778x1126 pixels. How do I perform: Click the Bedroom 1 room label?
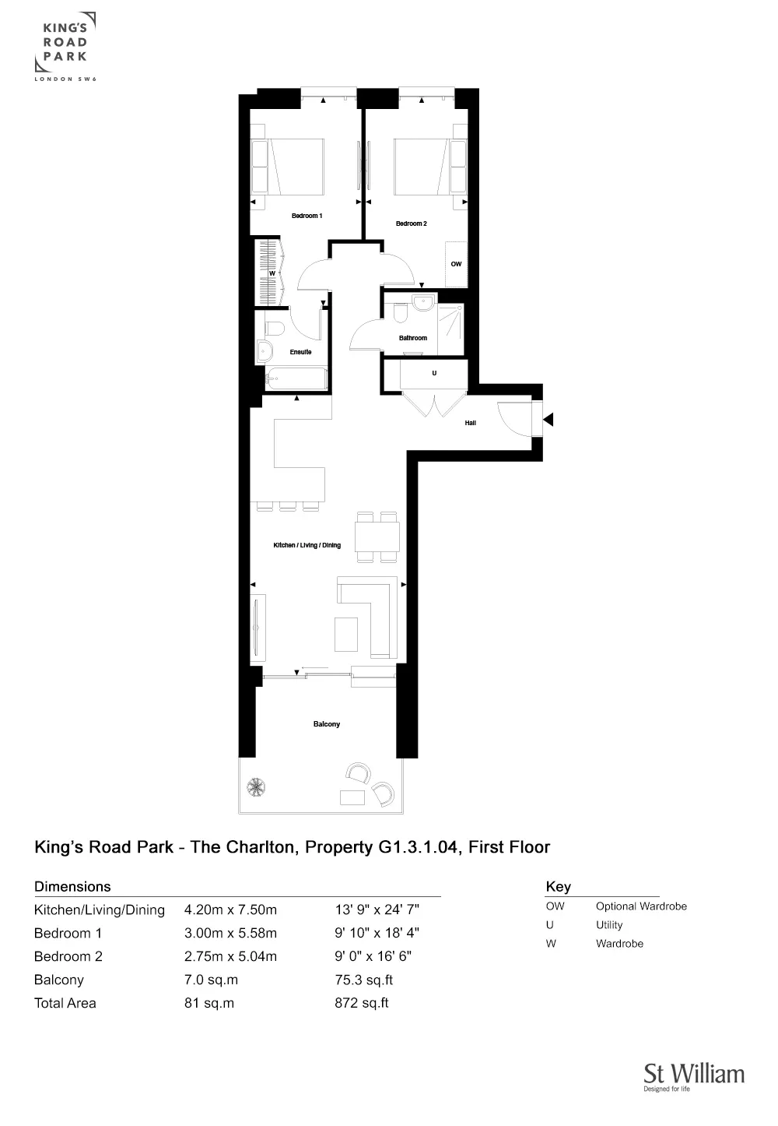point(307,216)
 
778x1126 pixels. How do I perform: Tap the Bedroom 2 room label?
point(411,223)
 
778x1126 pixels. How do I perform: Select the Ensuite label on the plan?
point(300,352)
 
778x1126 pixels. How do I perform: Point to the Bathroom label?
point(413,338)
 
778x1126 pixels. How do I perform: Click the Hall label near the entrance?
point(470,423)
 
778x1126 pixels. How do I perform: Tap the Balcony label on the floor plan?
point(326,724)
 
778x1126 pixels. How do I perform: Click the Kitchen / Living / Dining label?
point(307,545)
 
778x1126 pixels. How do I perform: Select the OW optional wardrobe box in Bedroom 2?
point(456,264)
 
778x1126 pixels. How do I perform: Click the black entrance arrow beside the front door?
point(548,420)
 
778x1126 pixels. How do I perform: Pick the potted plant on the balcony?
point(256,786)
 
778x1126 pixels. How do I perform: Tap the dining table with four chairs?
point(377,537)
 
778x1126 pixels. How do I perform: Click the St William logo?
point(693,1077)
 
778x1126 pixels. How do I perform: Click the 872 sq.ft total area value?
point(361,1003)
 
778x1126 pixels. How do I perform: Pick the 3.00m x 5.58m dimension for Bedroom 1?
point(230,933)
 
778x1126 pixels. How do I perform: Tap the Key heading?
point(558,886)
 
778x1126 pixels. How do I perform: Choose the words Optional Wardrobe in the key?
point(641,906)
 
